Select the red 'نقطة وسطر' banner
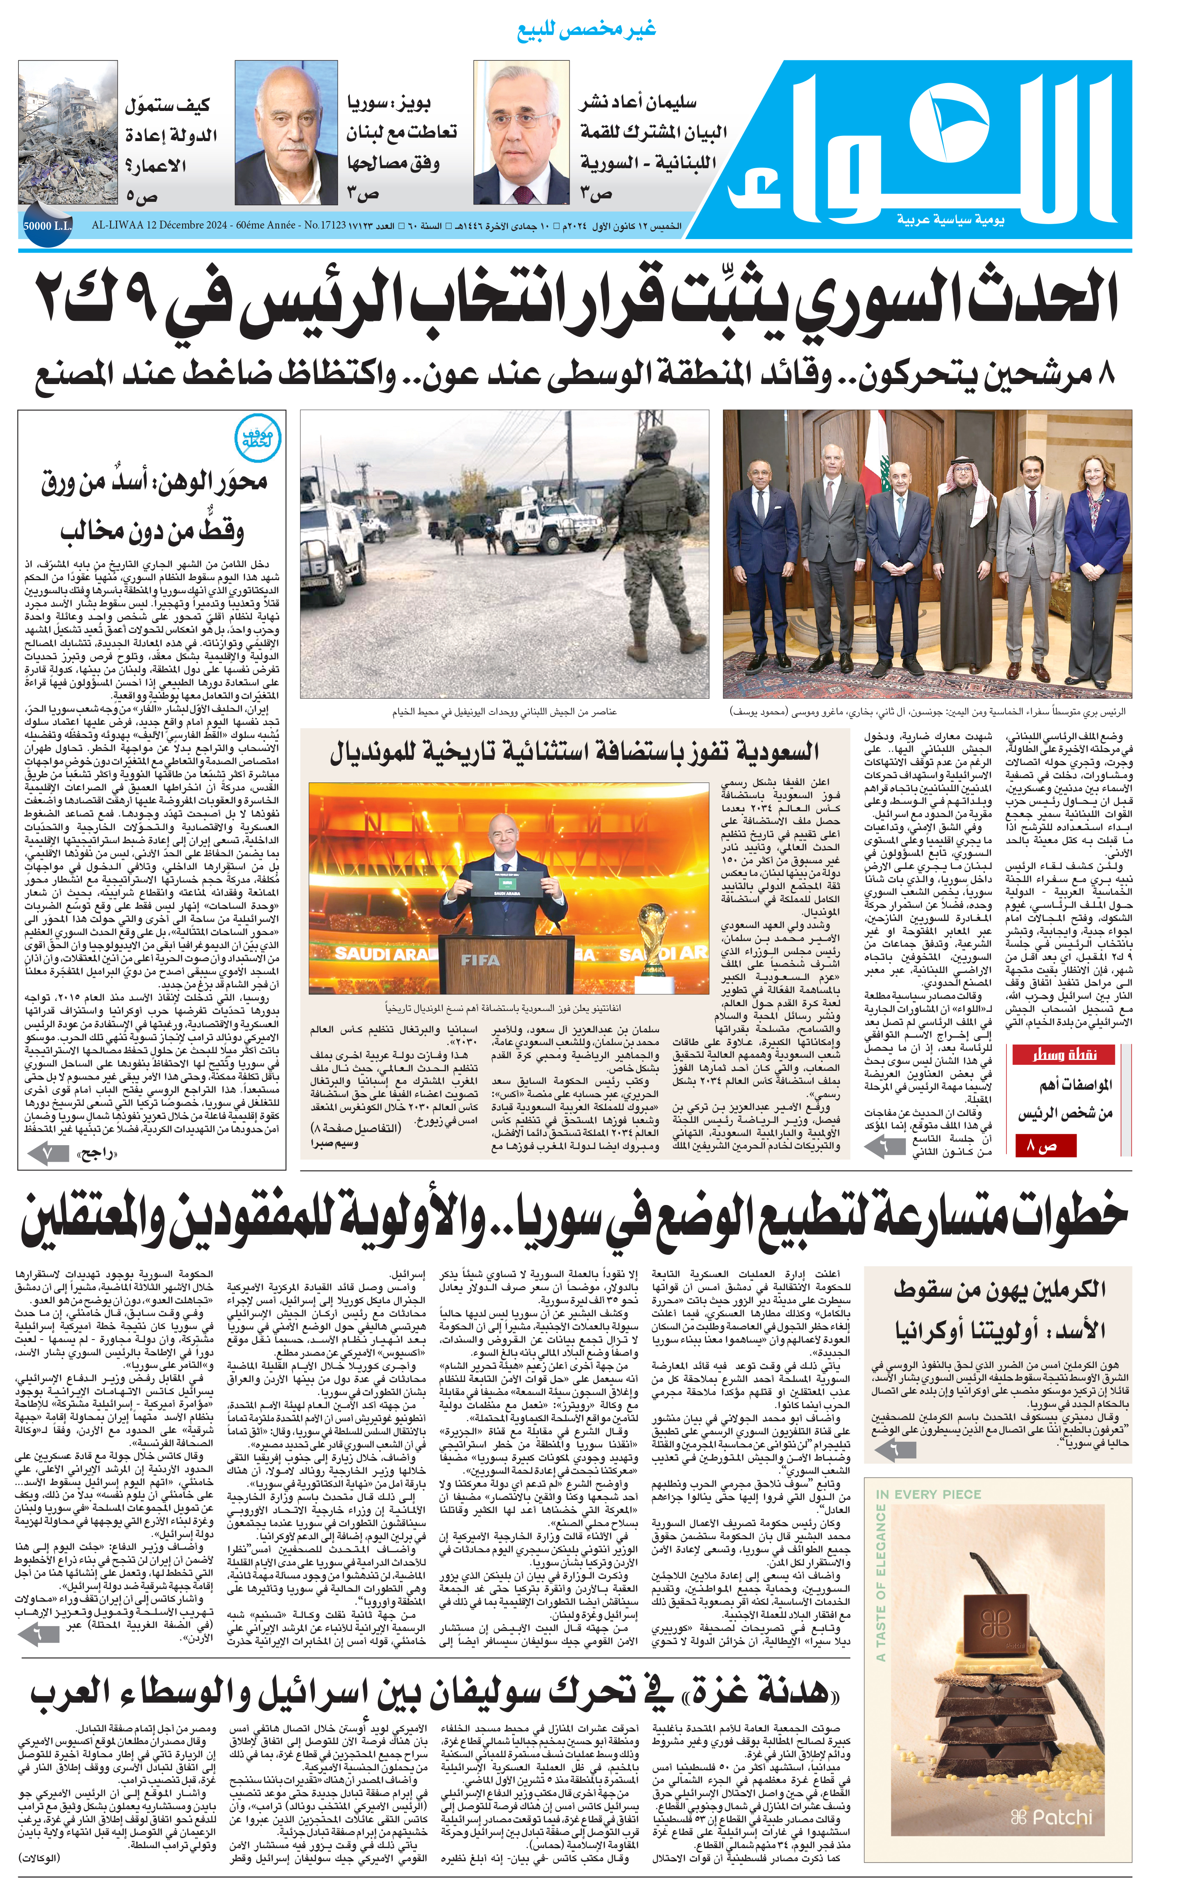click(1063, 1055)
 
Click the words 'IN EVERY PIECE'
click(928, 1494)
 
